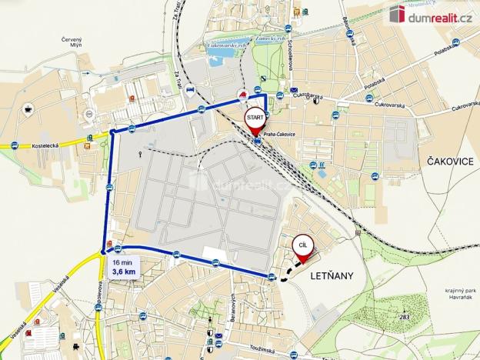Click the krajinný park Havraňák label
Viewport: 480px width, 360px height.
pos(447,294)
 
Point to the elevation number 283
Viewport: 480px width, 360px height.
pos(405,315)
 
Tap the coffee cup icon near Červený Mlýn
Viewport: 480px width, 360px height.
pos(28,108)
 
